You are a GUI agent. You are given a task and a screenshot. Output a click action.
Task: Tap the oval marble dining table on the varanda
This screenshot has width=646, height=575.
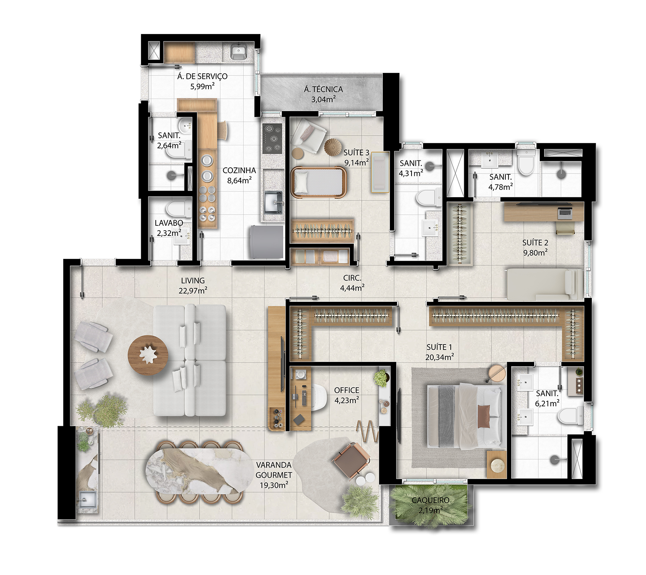[x=199, y=470]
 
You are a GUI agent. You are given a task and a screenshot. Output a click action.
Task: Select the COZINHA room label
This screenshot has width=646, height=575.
[x=239, y=170]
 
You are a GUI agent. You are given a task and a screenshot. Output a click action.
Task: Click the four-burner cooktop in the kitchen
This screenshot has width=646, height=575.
[x=272, y=139]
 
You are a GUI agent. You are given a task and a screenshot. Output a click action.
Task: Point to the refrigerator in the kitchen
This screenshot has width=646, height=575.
[x=267, y=242]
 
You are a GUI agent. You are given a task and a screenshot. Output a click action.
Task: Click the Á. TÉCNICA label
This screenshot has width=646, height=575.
[x=323, y=89]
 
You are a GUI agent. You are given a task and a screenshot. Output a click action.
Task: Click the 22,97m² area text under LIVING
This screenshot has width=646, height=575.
[x=193, y=291]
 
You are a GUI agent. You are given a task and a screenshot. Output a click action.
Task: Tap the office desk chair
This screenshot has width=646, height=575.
[x=319, y=397]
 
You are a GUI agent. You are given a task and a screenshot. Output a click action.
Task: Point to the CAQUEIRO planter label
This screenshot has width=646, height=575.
[x=431, y=500]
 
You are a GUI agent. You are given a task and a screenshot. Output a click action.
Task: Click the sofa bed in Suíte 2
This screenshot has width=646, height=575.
[x=544, y=284]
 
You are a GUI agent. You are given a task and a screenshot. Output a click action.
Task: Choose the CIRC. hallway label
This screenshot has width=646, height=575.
[x=352, y=278]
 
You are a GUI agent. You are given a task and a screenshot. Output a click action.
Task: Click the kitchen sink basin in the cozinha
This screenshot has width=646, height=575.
[x=274, y=202]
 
